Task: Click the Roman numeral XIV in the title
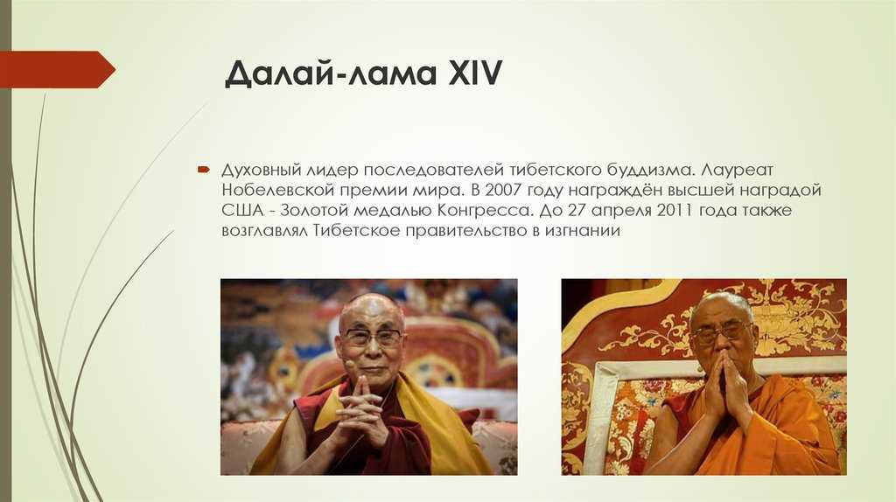(x=474, y=73)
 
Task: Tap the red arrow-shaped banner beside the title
(x=57, y=69)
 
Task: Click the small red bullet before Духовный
(x=204, y=170)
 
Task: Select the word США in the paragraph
(x=243, y=210)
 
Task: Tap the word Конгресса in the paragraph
(x=486, y=211)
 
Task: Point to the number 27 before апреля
(x=577, y=210)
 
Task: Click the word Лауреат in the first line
(x=737, y=170)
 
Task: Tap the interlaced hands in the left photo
(x=360, y=408)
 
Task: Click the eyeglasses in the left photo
(x=373, y=337)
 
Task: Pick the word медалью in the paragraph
(x=393, y=211)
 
